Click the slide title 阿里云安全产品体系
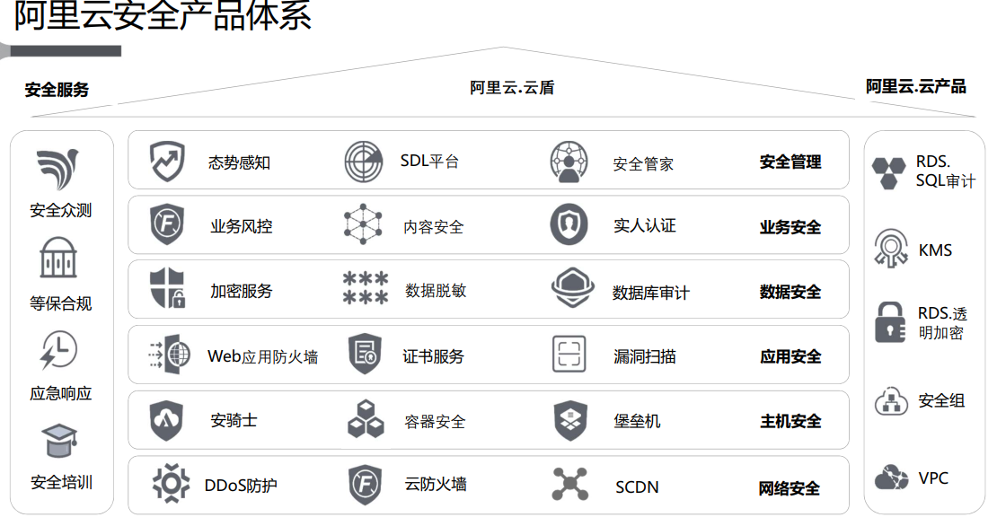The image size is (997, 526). [163, 17]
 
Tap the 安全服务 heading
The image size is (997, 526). [57, 90]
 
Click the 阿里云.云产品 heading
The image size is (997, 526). [915, 86]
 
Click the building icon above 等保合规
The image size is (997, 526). [58, 259]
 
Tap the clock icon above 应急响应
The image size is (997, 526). [59, 351]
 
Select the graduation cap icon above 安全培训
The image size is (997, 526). [59, 441]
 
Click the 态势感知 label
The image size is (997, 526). [239, 162]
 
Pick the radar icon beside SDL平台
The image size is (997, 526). [364, 162]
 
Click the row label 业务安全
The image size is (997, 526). [790, 227]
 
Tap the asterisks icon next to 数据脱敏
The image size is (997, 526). [365, 289]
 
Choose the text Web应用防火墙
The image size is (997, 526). [262, 356]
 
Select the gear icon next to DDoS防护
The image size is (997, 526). [170, 483]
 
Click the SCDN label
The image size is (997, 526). [637, 487]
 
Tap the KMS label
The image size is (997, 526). [935, 250]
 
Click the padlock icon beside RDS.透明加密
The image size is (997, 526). [889, 322]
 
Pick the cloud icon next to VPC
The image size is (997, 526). [890, 478]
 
